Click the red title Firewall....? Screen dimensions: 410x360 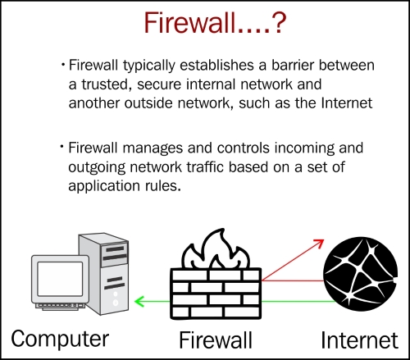click(x=215, y=22)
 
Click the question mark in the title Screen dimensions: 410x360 click(x=278, y=23)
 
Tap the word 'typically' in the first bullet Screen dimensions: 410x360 click(x=149, y=66)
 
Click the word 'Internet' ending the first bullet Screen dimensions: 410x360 click(x=347, y=103)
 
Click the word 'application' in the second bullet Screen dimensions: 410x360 click(x=104, y=186)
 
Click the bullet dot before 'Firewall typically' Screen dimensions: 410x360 click(x=63, y=65)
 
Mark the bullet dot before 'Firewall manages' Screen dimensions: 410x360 click(x=62, y=147)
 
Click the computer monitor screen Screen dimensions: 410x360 click(x=60, y=279)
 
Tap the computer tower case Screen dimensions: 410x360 click(x=107, y=273)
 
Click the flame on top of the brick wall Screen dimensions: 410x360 click(x=216, y=249)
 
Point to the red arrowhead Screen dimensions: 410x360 click(x=319, y=244)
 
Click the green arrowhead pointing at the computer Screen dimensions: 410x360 click(x=139, y=301)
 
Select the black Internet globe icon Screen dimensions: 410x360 click(x=360, y=274)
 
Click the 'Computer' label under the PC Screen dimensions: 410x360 click(x=60, y=339)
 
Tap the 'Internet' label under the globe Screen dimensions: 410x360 click(x=359, y=340)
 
